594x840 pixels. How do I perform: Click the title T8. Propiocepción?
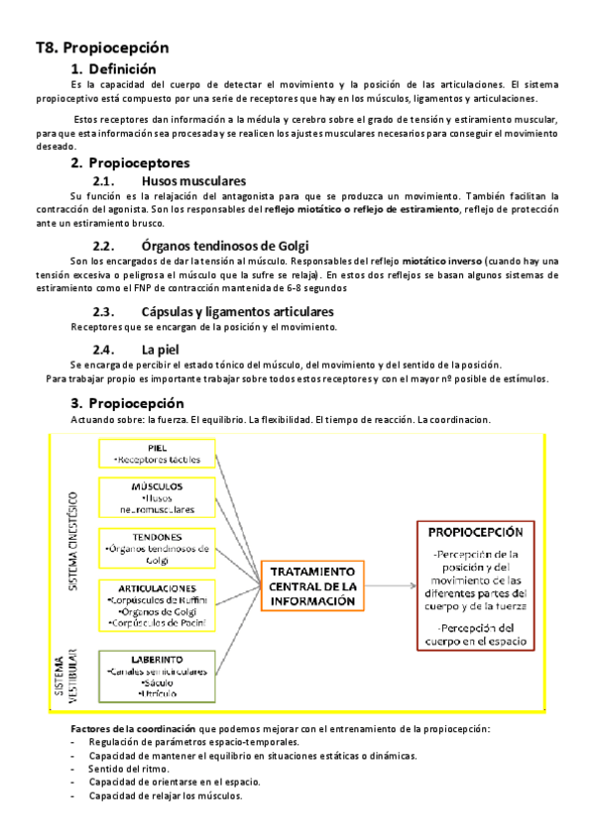coord(102,47)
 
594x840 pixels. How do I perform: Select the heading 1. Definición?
coord(113,69)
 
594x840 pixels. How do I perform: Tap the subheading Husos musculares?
coord(193,181)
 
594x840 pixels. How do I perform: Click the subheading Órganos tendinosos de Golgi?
coord(225,245)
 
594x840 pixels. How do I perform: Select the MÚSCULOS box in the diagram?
coord(156,498)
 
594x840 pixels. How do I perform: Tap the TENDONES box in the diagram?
coord(156,548)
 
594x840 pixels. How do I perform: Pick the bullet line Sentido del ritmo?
coord(128,769)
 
